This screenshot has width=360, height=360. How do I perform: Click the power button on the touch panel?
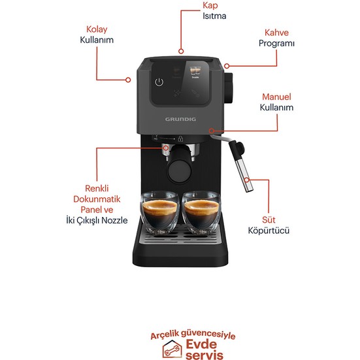coord(159,82)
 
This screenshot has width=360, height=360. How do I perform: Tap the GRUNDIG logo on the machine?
coord(180,119)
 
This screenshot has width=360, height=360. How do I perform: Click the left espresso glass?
coord(160,212)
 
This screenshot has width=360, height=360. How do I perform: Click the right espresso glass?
coord(202,212)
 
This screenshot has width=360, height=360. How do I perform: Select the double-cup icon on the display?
coord(195,71)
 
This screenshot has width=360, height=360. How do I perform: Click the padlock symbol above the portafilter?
coord(181,139)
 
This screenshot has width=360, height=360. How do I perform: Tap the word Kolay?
coord(97,29)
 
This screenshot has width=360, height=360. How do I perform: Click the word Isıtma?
coord(214,16)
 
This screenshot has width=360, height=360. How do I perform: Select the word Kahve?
coord(276,33)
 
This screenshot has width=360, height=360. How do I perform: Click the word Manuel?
coord(276,97)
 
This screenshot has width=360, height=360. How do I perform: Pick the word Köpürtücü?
coord(269,230)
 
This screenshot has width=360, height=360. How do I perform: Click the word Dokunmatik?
coord(97,199)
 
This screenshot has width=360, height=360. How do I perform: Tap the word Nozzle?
coord(114,220)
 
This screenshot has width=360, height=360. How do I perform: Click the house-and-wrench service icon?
coord(172,349)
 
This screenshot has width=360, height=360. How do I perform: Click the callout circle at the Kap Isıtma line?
coord(181,51)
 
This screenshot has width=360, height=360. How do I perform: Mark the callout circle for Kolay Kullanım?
coord(128,80)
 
